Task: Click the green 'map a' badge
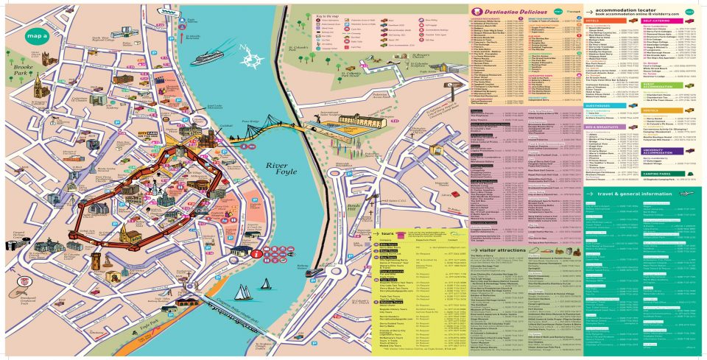click(37, 35)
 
